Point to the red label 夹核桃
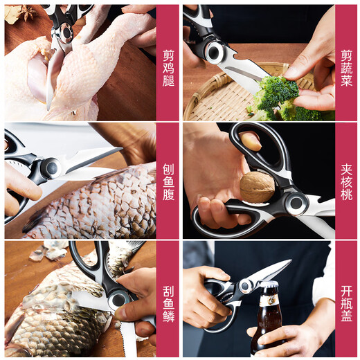pyautogui.click(x=345, y=181)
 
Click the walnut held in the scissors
pyautogui.click(x=257, y=187)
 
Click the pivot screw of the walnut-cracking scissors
pyautogui.click(x=297, y=203)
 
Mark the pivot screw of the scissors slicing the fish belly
pyautogui.click(x=50, y=168)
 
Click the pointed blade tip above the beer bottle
pyautogui.click(x=288, y=262)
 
